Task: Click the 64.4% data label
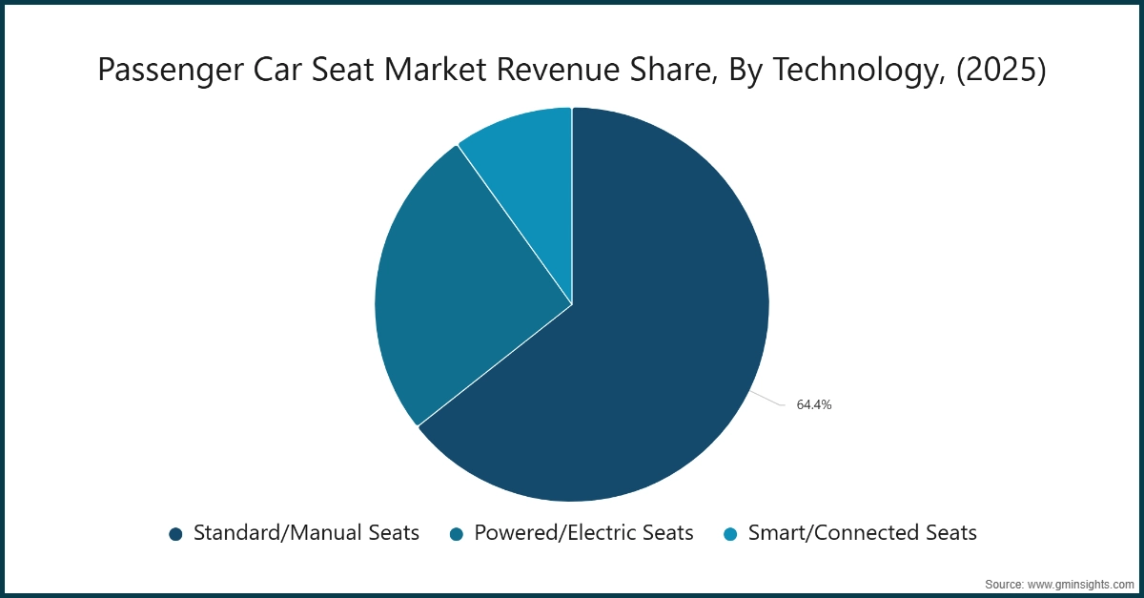pos(814,404)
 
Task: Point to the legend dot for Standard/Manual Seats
pos(175,534)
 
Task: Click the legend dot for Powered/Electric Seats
pos(457,534)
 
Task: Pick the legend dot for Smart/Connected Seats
pos(730,534)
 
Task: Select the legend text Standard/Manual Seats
pos(306,533)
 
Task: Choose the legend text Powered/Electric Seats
pos(583,533)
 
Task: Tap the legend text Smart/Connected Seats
pos(863,533)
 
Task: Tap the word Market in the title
pos(445,71)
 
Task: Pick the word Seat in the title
pos(359,71)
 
